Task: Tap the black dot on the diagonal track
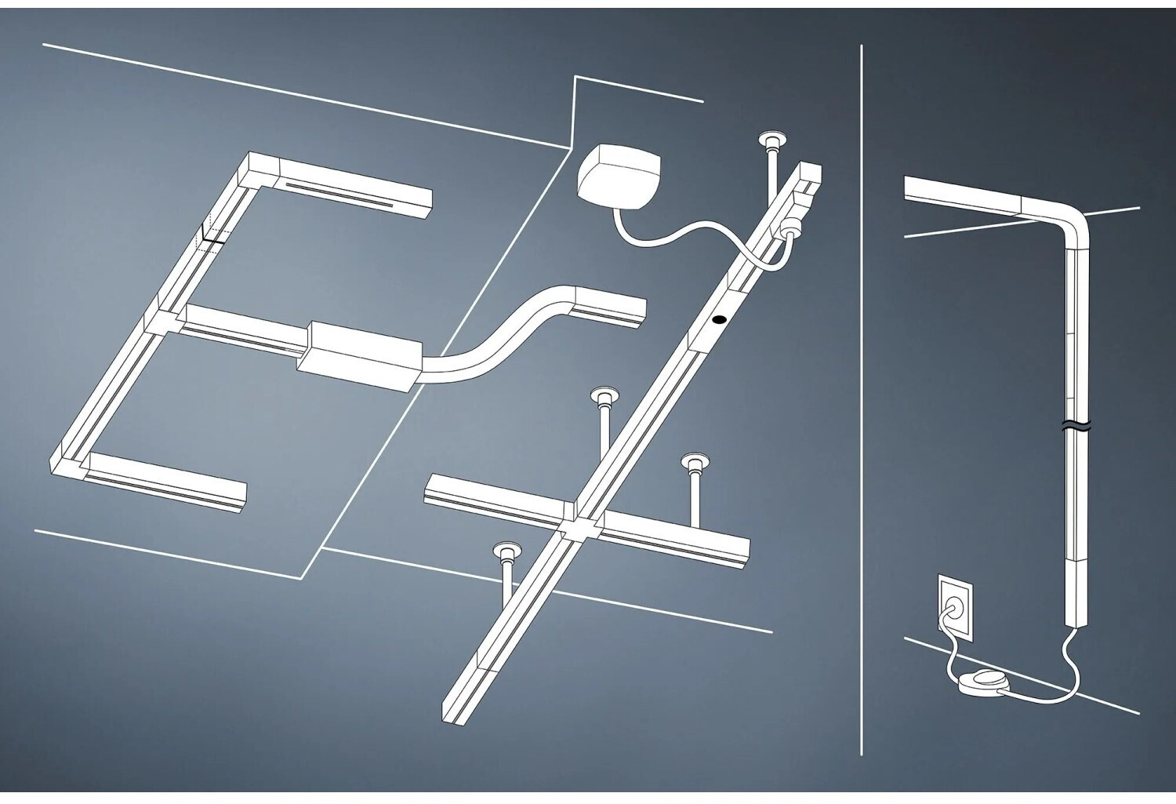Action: tap(717, 320)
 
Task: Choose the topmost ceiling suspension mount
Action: tap(771, 143)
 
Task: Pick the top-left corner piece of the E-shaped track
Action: tap(258, 168)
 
